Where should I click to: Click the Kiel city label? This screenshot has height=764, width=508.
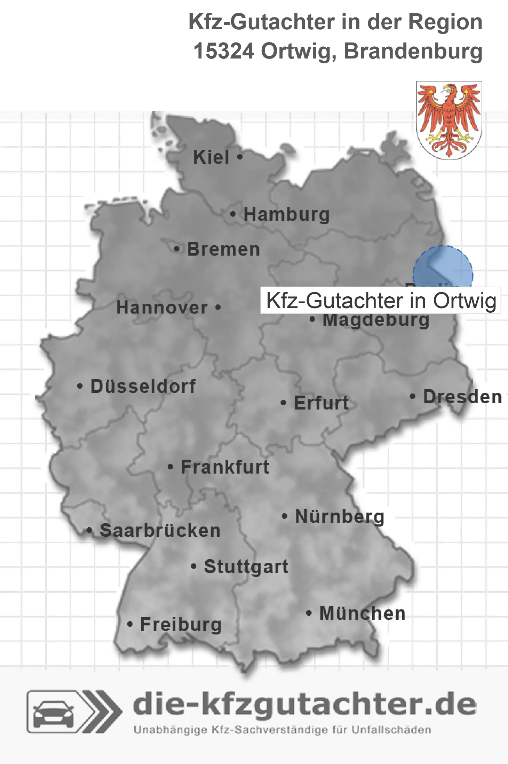coord(211,157)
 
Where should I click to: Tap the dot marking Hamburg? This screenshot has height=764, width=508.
coord(233,214)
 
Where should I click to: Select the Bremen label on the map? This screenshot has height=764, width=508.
coord(223,249)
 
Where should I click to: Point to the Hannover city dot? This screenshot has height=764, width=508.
coord(218,307)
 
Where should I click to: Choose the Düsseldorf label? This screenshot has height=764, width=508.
coord(143,386)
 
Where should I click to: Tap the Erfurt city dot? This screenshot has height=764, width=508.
coord(284,403)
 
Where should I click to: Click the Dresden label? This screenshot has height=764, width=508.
coord(462,397)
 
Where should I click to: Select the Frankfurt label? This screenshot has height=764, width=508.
coord(225,467)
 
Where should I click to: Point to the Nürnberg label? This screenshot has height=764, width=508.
coord(340,516)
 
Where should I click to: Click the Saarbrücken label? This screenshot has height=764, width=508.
coord(160,531)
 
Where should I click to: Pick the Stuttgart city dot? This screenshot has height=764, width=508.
coord(194,567)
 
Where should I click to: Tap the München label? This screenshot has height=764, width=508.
coord(363,613)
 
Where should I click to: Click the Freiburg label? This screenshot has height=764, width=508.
coord(181,624)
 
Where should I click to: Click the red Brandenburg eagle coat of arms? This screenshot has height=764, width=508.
coord(449,120)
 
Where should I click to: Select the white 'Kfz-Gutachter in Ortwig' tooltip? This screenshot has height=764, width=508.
coord(381,301)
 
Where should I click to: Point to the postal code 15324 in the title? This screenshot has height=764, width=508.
coord(224,52)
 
